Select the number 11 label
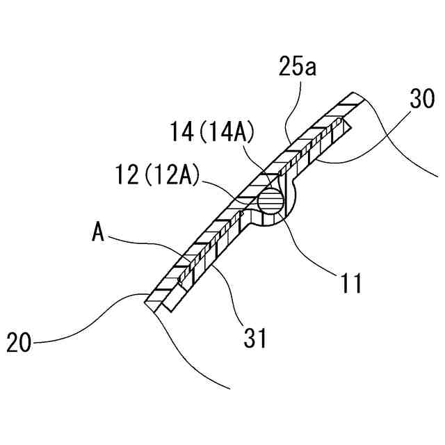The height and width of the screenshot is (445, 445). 349,284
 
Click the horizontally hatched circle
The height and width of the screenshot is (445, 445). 270,202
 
